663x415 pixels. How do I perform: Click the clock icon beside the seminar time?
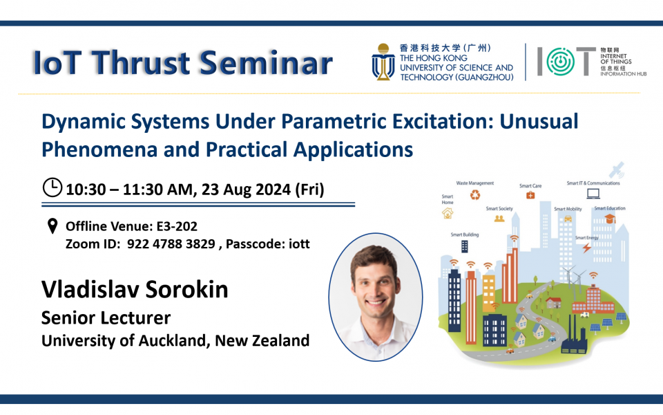(x=52, y=187)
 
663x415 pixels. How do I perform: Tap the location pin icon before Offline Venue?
(x=52, y=226)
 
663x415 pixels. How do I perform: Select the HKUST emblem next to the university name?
(x=383, y=62)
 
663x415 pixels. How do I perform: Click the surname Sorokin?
(x=189, y=289)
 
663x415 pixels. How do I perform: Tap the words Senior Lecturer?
(x=106, y=317)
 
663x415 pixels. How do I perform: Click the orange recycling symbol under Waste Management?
(x=475, y=195)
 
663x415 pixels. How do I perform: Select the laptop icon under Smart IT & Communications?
(x=593, y=194)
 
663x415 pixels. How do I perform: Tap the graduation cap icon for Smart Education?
(x=610, y=219)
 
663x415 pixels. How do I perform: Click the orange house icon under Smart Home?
(x=448, y=213)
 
